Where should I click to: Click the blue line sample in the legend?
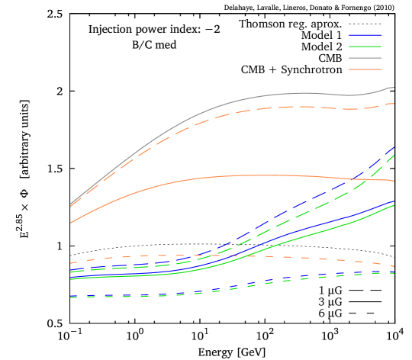click(365, 35)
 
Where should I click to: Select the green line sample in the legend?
click(365, 47)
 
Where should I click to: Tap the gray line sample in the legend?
click(365, 58)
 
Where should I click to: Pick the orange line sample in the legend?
click(365, 69)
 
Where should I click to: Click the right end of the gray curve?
click(394, 88)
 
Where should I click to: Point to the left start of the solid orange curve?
click(70, 223)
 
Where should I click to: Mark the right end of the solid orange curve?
click(394, 181)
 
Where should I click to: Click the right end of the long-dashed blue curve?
click(394, 146)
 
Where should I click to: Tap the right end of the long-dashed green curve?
click(394, 155)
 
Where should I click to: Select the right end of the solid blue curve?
click(394, 201)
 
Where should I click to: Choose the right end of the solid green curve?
click(394, 205)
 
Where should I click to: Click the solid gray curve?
click(229, 102)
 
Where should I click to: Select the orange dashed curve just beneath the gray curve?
click(229, 112)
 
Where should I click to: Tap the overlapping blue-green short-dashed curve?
click(229, 288)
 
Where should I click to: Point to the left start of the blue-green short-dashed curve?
click(70, 297)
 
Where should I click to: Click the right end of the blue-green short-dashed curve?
click(394, 272)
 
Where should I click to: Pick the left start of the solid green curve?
click(70, 279)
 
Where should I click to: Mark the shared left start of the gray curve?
click(70, 204)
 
